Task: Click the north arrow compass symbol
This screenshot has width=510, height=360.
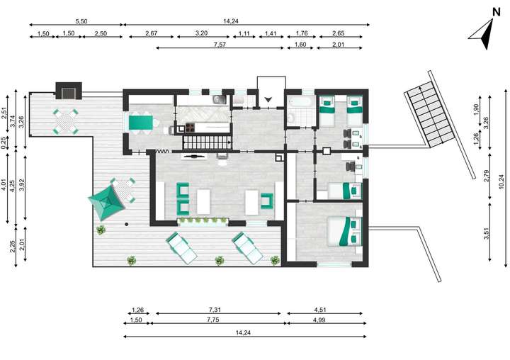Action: [x=484, y=31]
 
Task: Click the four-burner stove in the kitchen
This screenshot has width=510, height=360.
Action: [x=189, y=128]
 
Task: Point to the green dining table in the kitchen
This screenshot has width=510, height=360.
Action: [x=142, y=121]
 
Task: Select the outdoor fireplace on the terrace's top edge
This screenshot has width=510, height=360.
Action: [x=69, y=91]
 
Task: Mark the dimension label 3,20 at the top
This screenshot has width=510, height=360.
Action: [x=202, y=33]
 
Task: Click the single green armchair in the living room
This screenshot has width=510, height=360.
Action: [x=267, y=201]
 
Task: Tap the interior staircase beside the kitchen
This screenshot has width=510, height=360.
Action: [x=205, y=142]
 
